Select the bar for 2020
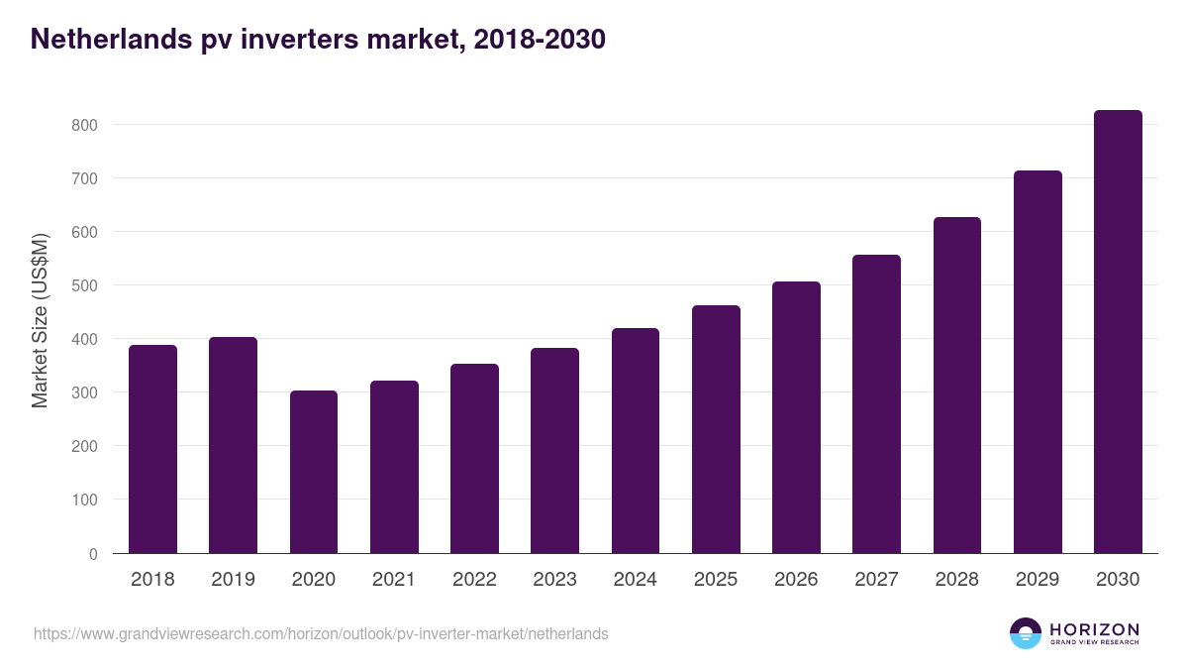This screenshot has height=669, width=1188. [314, 472]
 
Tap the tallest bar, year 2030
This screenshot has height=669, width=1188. [1118, 332]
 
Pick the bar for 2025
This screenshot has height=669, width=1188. [716, 429]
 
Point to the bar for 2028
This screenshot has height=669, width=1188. [957, 386]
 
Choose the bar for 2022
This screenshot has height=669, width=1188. [474, 459]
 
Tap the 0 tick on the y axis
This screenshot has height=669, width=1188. [93, 554]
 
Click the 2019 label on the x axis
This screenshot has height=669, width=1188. [233, 580]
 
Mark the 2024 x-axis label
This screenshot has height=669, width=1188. [635, 580]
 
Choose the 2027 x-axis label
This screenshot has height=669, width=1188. [876, 580]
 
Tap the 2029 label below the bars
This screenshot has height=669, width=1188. [1038, 580]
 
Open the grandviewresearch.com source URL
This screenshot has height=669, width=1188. [321, 633]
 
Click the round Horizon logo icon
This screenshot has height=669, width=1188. [1026, 633]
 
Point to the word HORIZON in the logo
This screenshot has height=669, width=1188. [1094, 629]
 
